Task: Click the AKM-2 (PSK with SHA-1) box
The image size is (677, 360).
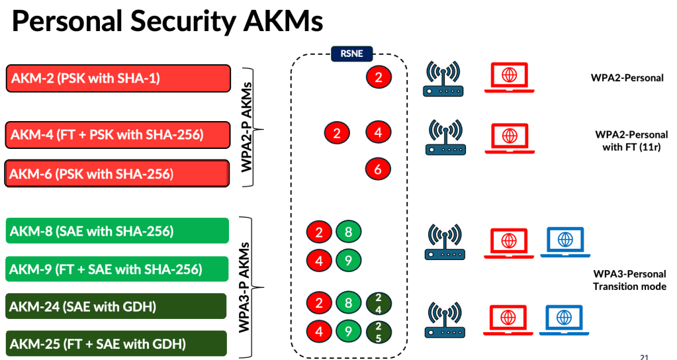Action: pos(118,78)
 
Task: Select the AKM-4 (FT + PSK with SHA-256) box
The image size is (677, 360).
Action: pos(118,135)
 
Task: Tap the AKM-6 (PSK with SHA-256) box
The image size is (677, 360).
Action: pos(118,174)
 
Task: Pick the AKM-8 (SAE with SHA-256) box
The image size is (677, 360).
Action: pos(118,231)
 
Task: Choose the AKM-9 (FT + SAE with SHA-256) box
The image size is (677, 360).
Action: pos(118,269)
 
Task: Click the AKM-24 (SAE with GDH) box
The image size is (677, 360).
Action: pos(118,307)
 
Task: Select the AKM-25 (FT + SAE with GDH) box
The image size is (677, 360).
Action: pos(118,344)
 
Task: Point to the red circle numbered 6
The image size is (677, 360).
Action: pos(378,169)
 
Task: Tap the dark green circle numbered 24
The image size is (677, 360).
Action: pos(378,304)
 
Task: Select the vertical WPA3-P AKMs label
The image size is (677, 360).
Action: pos(247,287)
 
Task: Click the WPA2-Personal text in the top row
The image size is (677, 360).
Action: pos(627,77)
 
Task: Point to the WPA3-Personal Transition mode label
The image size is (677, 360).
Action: pos(629,280)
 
